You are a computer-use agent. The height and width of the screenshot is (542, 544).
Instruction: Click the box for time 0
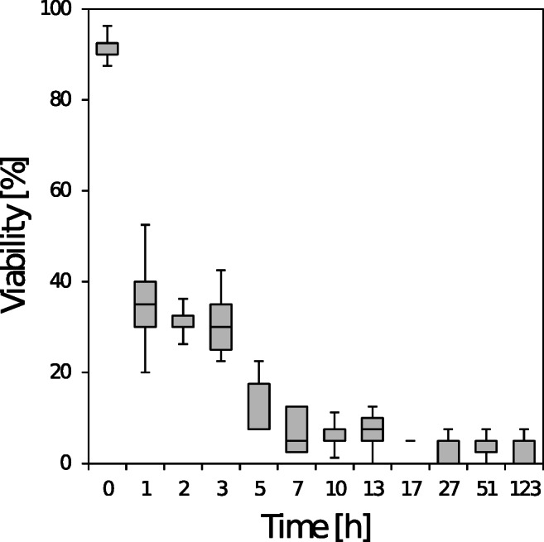[x=108, y=48]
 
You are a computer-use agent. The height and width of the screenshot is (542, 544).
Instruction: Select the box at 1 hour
[x=145, y=305]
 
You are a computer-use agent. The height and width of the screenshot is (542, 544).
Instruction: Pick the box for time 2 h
[x=183, y=321]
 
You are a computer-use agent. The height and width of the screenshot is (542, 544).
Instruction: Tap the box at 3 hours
[x=220, y=327]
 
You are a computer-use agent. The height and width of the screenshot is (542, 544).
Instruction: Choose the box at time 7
[x=296, y=429]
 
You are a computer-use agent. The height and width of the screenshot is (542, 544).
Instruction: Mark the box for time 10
[x=335, y=434]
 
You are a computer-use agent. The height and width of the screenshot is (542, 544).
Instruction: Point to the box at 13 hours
[x=372, y=429]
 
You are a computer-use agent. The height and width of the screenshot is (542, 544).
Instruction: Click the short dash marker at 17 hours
[x=410, y=440]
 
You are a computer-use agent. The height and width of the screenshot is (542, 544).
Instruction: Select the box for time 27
[x=448, y=452]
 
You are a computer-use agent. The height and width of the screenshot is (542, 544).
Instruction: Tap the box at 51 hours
[x=485, y=446]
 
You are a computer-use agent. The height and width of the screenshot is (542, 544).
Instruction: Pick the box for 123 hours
[x=523, y=452]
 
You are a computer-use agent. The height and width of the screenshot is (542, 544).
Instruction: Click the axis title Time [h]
[x=315, y=525]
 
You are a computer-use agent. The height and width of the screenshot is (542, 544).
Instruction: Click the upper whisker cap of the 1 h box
[x=145, y=224]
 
